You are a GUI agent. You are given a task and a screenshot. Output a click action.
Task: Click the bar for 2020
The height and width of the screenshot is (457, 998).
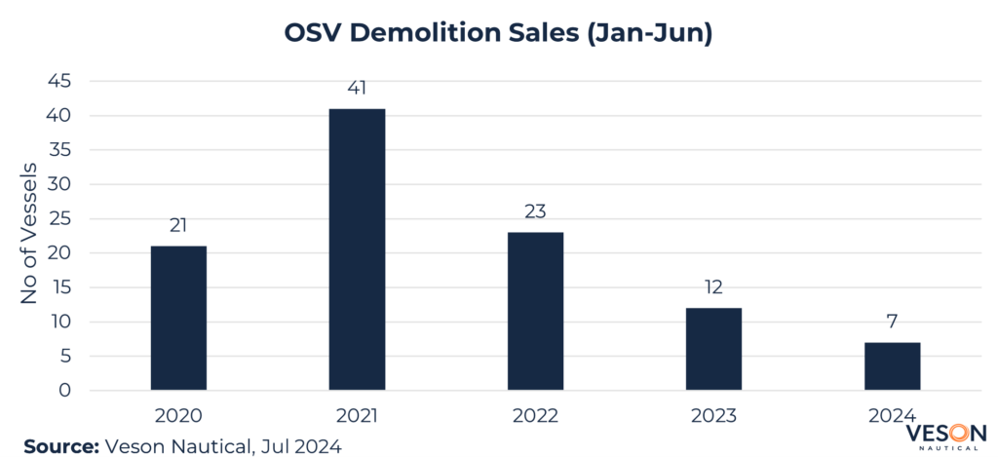tap(178, 318)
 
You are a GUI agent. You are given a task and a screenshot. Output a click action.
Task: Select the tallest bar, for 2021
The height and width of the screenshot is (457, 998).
tap(357, 249)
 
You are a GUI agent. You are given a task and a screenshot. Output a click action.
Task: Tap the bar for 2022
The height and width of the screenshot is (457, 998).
tap(535, 311)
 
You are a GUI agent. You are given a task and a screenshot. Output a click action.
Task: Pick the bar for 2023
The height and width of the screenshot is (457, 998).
tap(713, 349)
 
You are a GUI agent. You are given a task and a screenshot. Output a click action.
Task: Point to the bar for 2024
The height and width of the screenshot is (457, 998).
tap(892, 366)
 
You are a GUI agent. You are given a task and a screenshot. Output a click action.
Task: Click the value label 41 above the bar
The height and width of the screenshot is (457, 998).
tap(357, 89)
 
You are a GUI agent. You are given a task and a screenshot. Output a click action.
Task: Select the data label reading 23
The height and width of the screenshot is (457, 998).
tap(535, 212)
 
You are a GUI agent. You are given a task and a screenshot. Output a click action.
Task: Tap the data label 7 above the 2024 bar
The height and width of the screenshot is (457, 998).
tap(892, 323)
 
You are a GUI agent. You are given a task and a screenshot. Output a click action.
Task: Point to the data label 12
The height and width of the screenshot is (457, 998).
tap(713, 288)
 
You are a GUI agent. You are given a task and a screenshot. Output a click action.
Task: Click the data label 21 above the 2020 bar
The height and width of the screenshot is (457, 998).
tap(178, 226)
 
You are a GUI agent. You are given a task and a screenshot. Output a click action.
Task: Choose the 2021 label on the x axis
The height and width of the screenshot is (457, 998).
tap(357, 416)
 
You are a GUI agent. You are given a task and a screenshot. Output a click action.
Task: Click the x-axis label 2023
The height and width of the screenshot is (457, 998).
tap(713, 416)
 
